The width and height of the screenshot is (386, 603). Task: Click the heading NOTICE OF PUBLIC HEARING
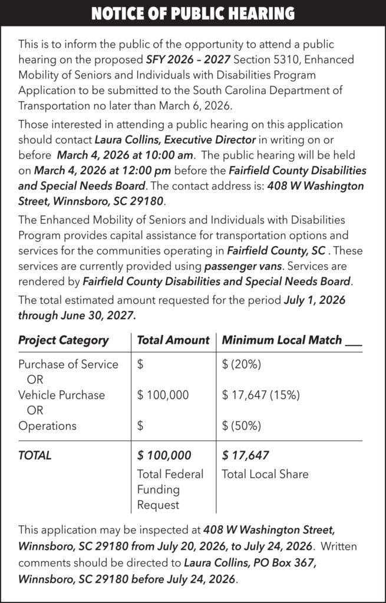point(193,13)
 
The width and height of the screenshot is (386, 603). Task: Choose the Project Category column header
point(64,340)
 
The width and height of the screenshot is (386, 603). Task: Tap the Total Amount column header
point(173,340)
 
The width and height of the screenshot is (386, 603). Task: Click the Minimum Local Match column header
point(282,340)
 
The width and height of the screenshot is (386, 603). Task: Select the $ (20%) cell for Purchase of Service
point(242,365)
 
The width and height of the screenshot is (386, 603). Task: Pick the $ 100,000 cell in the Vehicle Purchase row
point(163,395)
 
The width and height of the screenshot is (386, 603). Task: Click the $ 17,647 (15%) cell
point(261,395)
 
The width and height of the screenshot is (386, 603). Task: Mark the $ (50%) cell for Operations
point(242,426)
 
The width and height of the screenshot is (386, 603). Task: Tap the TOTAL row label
point(35,455)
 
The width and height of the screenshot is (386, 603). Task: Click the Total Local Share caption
point(265,474)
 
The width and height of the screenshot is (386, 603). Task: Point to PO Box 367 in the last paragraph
point(284,563)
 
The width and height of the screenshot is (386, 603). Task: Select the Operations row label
point(47,426)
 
